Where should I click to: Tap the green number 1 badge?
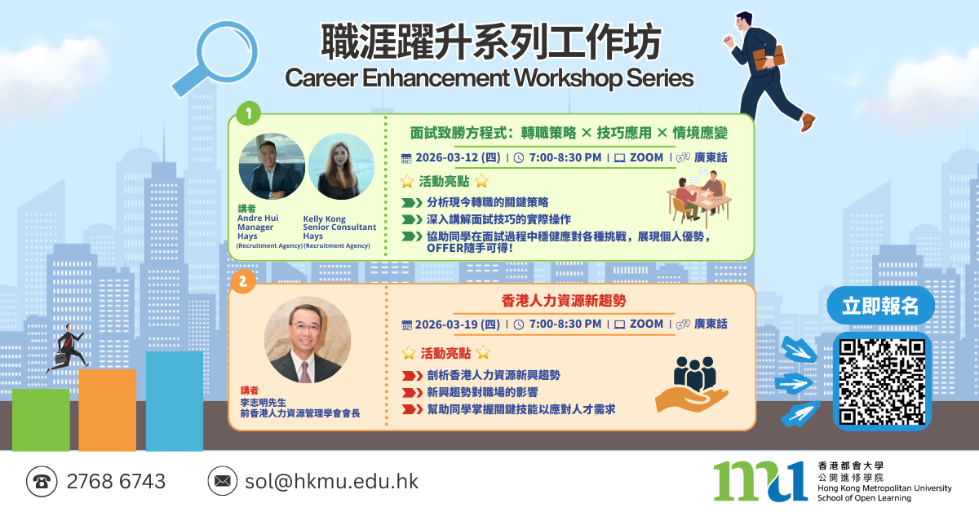click(x=248, y=113)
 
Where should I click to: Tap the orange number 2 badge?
click(x=243, y=281)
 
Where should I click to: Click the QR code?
click(x=882, y=382)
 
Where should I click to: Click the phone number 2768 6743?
click(x=116, y=481)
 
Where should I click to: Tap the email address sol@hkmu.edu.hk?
click(x=332, y=481)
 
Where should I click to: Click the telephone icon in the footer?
click(x=42, y=481)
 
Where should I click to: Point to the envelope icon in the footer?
click(x=223, y=481)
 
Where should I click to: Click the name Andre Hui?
click(x=258, y=218)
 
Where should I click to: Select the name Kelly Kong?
click(x=325, y=218)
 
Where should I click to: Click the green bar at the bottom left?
click(x=41, y=420)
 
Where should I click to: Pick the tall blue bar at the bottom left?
click(x=175, y=401)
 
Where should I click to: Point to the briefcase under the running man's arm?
click(x=769, y=58)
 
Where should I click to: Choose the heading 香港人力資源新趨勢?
click(x=564, y=301)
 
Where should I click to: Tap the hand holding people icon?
click(x=692, y=385)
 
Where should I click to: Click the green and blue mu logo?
click(x=760, y=481)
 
